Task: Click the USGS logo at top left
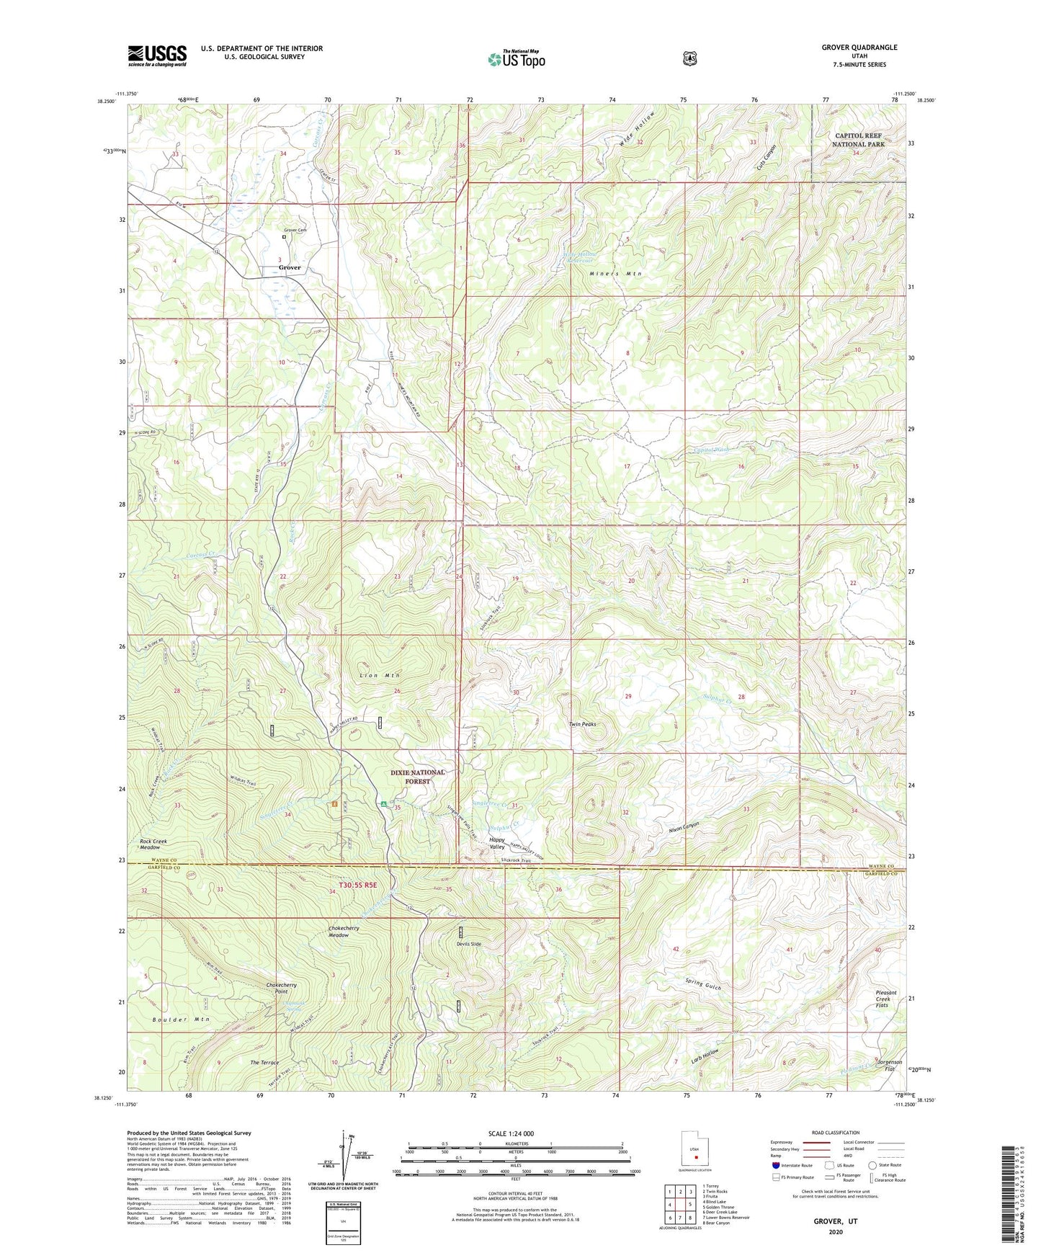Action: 157,55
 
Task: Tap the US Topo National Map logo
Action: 516,58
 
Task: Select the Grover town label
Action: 290,267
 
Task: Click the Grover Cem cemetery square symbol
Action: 284,236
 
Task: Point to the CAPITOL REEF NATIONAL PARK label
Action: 857,140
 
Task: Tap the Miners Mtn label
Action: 615,274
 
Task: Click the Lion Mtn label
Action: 379,675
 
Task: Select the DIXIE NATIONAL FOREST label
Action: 418,776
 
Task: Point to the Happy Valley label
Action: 497,843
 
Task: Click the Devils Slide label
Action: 468,943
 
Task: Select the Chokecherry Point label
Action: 272,989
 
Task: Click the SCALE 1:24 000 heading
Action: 511,1133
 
